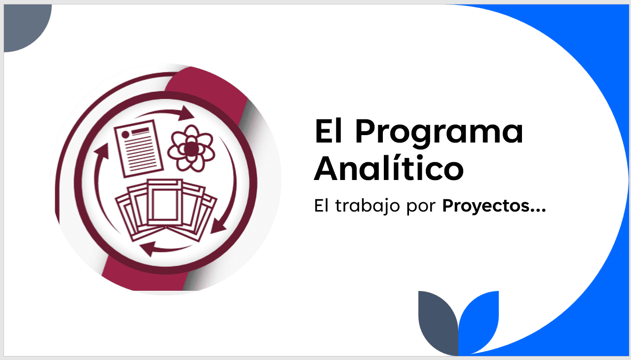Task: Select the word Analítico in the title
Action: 389,168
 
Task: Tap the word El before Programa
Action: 329,131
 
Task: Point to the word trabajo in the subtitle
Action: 368,206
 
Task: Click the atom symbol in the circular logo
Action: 191,148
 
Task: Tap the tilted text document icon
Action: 139,148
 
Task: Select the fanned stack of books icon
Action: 166,210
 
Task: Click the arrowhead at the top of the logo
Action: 186,113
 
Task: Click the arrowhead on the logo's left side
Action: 102,151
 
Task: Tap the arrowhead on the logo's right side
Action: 218,226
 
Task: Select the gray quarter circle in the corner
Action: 24,25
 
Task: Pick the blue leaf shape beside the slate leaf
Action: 479,321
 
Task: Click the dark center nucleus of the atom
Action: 191,148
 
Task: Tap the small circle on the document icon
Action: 125,135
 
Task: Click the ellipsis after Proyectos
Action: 538,211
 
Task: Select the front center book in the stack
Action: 164,203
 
